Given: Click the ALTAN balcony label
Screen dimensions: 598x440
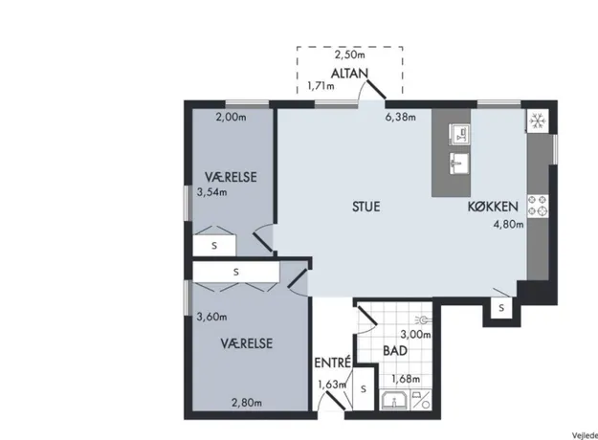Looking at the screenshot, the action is (349, 74).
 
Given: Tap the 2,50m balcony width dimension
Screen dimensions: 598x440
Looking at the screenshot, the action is (350, 55).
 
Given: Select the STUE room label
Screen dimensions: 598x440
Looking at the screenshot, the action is (366, 207).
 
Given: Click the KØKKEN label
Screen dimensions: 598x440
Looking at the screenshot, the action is (493, 207).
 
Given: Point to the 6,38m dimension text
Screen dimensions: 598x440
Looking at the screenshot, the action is (401, 117).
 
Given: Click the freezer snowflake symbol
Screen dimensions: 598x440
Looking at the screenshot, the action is (538, 121).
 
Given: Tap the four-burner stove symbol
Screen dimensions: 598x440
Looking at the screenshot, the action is (538, 207).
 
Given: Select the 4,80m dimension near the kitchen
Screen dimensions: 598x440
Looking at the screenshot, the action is (508, 224).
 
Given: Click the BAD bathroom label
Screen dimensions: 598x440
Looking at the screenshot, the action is (395, 351).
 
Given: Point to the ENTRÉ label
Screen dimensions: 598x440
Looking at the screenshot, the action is (332, 363).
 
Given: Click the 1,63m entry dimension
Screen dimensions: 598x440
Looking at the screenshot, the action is (332, 385).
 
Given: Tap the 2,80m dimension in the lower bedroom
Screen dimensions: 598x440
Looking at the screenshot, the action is (247, 403).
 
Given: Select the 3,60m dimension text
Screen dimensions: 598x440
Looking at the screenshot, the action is (211, 317).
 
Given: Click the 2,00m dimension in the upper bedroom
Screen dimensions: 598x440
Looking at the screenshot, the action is (232, 117).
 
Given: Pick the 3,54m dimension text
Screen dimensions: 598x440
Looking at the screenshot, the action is (211, 192).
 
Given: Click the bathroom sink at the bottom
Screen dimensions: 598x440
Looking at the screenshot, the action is (394, 400).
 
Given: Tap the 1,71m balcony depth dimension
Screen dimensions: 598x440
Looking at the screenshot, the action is (321, 86).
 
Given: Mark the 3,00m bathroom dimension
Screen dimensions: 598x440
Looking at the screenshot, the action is (415, 335).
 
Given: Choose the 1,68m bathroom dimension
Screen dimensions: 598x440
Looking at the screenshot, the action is (406, 379).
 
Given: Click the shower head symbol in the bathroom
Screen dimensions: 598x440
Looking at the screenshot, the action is (423, 319).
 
